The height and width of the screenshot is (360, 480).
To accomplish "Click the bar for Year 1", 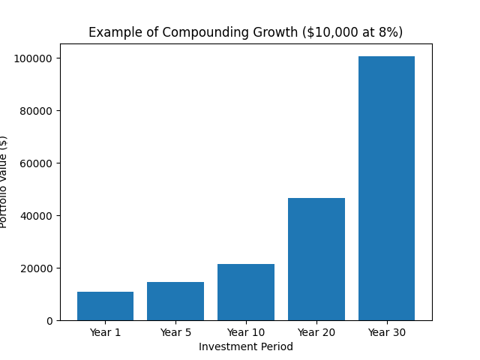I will click(105, 306).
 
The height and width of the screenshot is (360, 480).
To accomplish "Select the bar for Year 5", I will click(175, 301).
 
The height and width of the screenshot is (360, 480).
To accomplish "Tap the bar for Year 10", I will click(246, 292).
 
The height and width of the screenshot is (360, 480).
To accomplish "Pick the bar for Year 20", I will click(316, 259).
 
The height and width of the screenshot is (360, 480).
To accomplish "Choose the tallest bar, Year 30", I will click(386, 188).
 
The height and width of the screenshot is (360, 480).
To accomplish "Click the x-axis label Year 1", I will click(105, 332).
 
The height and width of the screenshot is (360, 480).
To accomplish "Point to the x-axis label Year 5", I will click(175, 332).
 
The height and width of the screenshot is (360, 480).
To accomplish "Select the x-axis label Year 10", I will click(246, 332).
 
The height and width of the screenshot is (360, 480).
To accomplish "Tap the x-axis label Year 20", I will click(316, 332).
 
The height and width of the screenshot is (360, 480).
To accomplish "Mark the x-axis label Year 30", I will click(386, 332).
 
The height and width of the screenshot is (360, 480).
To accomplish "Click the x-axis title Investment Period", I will click(246, 346).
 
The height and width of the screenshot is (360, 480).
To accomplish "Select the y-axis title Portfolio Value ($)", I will click(4, 181).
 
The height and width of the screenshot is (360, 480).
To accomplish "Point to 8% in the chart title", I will click(386, 33).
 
